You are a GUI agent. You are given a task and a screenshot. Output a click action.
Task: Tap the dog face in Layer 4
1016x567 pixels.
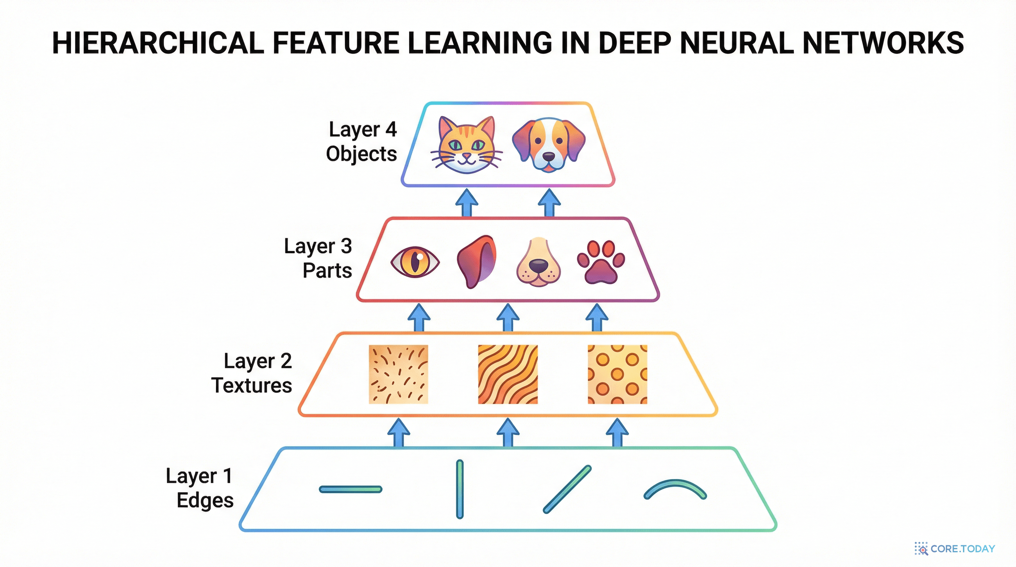tap(549, 144)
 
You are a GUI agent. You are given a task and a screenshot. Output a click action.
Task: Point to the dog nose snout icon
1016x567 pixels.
tap(538, 262)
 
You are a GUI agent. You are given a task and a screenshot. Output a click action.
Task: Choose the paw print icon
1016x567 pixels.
tap(601, 262)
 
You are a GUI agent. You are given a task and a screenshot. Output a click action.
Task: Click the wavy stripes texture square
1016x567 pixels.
tap(508, 374)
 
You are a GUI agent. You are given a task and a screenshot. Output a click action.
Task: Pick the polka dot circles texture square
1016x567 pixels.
tap(617, 374)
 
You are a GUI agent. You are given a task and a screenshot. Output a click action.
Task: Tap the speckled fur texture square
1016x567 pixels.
tap(398, 374)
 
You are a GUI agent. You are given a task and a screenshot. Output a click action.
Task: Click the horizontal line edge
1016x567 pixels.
tap(351, 489)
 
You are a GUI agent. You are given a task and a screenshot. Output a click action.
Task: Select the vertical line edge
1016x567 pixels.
tap(460, 489)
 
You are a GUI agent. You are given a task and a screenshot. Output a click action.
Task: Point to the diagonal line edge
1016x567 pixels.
tap(567, 489)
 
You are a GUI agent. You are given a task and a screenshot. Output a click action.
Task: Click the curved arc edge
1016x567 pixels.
tap(675, 489)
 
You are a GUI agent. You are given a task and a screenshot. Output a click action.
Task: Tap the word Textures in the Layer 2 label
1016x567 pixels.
tap(252, 385)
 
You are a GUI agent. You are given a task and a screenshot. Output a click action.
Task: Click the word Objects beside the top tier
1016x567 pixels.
tap(361, 154)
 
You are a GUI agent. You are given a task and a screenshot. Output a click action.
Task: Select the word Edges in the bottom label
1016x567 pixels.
tap(205, 500)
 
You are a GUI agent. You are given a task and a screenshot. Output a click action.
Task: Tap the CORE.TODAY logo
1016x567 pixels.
tap(955, 549)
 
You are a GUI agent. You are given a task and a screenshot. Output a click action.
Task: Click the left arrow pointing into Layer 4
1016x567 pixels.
tap(467, 202)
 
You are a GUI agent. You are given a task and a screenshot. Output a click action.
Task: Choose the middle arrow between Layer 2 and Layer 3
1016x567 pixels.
tap(508, 317)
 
